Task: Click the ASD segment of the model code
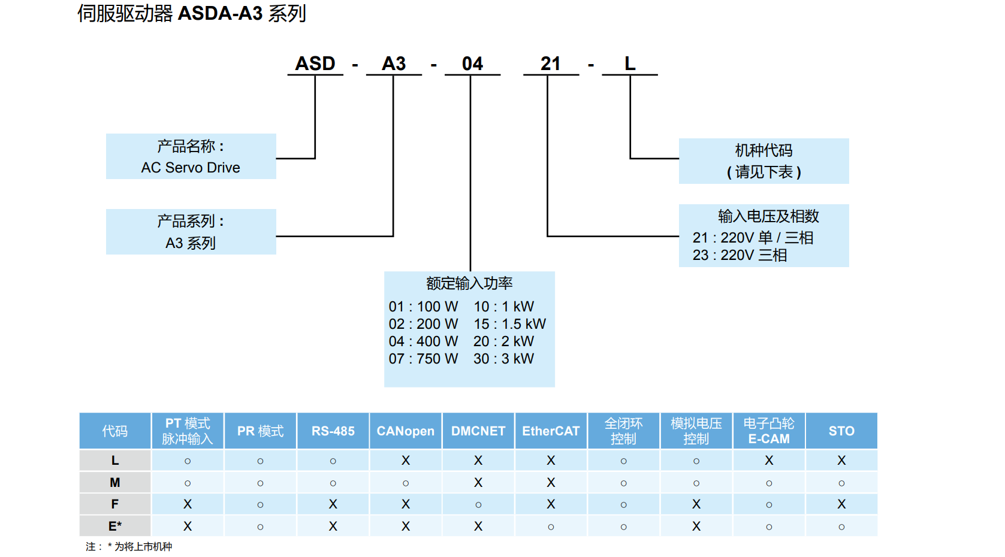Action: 315,63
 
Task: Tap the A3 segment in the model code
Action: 394,63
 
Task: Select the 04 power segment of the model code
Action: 472,63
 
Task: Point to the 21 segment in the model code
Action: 550,63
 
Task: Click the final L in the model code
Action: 630,63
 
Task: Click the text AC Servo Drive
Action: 191,168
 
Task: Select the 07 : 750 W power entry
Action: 423,359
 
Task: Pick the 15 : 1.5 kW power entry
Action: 509,324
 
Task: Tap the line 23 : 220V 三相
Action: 740,255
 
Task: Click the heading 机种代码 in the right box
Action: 763,150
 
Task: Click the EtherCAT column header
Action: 551,431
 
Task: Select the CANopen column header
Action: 406,431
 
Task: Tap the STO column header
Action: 841,431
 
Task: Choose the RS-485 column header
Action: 333,431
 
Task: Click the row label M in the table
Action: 115,483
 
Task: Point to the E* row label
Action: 115,526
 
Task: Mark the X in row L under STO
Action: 841,461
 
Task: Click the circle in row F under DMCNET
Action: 478,505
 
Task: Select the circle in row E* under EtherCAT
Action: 551,527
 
